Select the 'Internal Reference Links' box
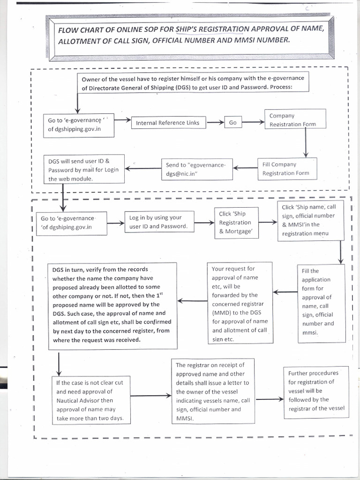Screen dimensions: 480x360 167,123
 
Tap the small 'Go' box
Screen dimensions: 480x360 233,122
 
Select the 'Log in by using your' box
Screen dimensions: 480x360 156,222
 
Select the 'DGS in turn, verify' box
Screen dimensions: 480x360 112,305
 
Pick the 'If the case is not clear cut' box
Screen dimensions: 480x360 90,400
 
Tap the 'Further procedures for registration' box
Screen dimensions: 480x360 316,391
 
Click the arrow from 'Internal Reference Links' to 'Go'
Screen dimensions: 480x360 214,123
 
